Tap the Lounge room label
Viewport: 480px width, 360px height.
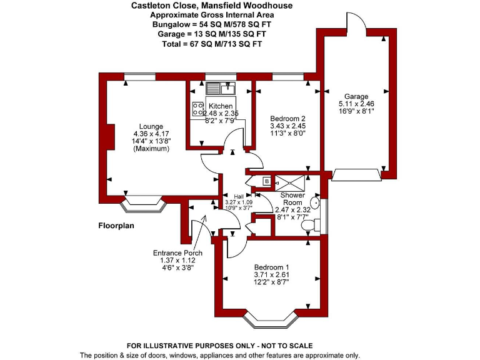151,126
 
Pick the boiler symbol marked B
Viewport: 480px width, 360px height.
267,181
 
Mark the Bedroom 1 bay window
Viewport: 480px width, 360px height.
270,320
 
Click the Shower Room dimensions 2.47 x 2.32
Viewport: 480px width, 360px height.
292,210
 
